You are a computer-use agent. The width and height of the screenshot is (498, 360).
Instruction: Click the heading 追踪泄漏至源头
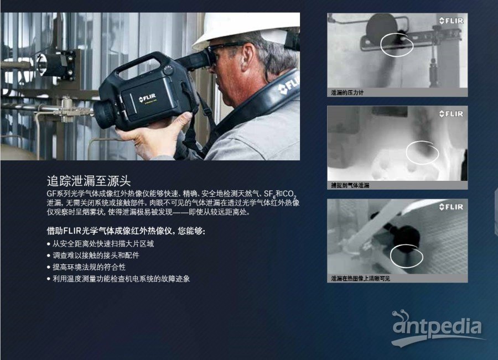coord(89,181)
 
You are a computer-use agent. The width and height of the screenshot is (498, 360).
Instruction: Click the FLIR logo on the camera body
coord(147,98)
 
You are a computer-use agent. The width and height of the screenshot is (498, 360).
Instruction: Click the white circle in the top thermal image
coord(396,44)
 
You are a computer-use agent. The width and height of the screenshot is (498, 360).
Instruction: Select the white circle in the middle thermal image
coord(422,153)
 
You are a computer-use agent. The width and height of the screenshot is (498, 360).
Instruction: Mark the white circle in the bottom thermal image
coord(407,256)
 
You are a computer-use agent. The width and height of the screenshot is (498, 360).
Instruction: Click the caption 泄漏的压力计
coord(347,92)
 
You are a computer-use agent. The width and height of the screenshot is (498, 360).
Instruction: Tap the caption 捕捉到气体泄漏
coord(350,185)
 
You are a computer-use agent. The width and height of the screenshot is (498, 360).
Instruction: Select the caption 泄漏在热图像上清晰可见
coord(360,278)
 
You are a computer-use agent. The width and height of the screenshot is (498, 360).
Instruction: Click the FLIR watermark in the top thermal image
coord(452,21)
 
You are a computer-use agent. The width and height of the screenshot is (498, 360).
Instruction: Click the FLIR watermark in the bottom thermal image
coord(452,207)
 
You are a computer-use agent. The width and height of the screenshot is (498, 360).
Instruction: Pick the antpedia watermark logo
coord(437,328)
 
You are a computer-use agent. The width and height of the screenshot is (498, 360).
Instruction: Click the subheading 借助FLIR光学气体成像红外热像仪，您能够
coord(126,231)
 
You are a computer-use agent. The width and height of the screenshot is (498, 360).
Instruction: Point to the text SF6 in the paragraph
coord(269,194)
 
